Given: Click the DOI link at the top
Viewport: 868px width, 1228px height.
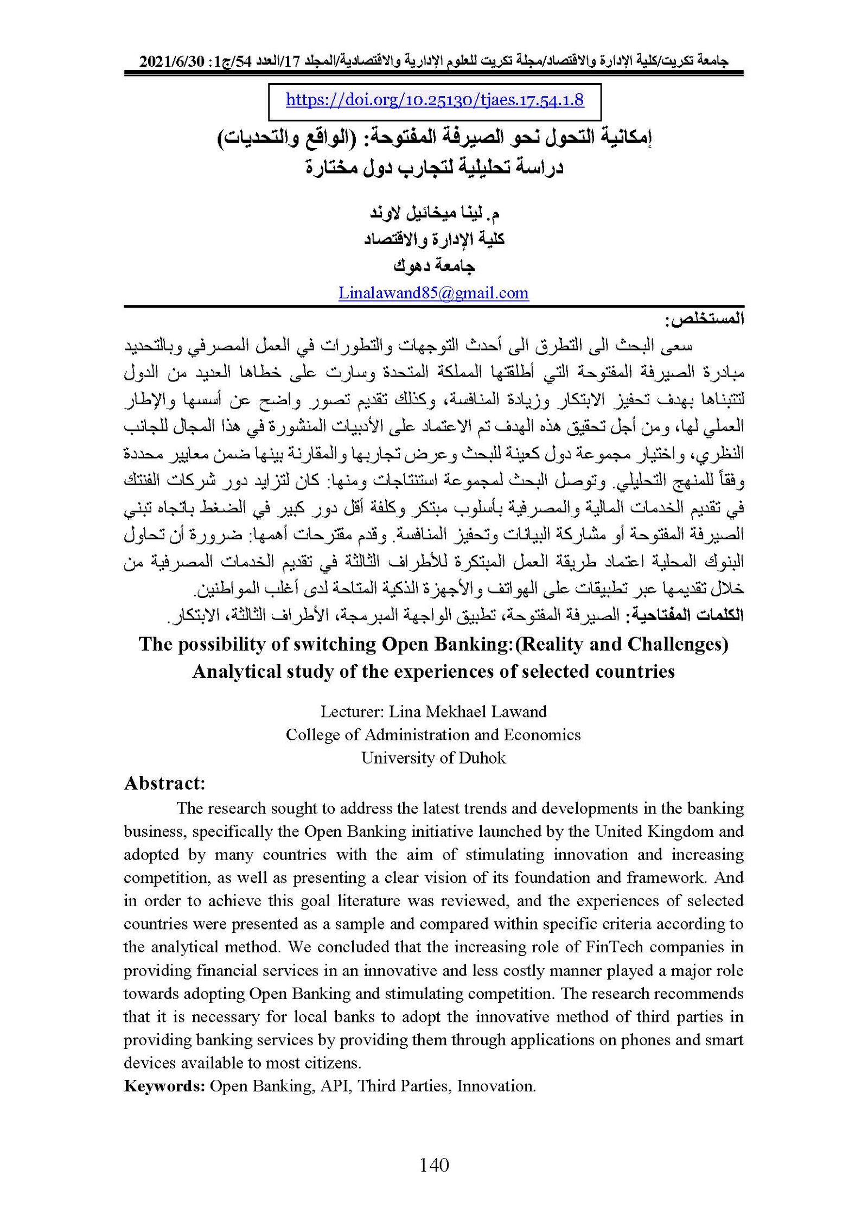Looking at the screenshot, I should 435,100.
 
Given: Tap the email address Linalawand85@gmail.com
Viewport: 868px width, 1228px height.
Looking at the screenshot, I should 433,293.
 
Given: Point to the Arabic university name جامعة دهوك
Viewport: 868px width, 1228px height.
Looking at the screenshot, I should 433,266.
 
